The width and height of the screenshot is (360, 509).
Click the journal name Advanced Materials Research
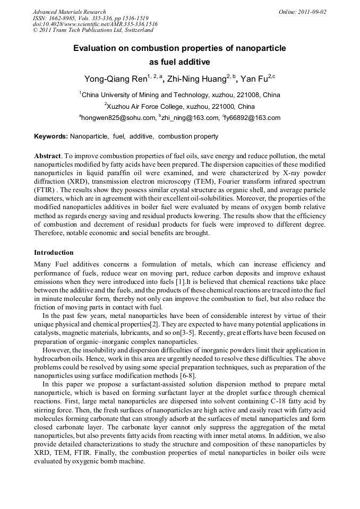click(70, 12)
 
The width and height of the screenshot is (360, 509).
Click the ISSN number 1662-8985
click(63, 18)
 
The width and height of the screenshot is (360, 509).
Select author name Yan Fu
click(253, 80)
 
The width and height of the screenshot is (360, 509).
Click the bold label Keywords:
click(51, 136)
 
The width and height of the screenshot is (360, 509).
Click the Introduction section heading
click(54, 252)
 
